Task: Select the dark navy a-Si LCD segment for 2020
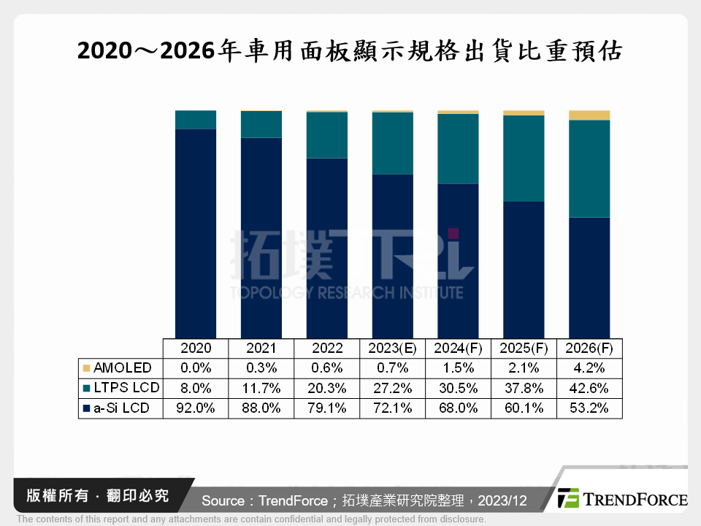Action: click(x=196, y=234)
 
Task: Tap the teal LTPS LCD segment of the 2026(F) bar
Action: click(x=589, y=169)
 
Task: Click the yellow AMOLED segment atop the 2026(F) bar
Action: click(x=589, y=115)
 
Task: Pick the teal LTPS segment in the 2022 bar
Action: click(x=327, y=135)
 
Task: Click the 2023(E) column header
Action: click(x=393, y=348)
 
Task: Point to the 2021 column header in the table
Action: click(x=261, y=348)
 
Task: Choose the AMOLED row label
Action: click(x=122, y=367)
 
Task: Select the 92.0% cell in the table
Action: click(x=196, y=408)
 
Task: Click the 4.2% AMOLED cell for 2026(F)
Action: click(x=589, y=367)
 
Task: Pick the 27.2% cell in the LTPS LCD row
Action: click(x=393, y=388)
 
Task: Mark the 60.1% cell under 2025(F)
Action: click(x=524, y=408)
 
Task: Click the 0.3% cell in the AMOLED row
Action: click(x=261, y=367)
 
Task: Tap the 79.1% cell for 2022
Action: click(x=327, y=408)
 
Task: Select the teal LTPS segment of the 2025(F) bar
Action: click(x=524, y=159)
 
